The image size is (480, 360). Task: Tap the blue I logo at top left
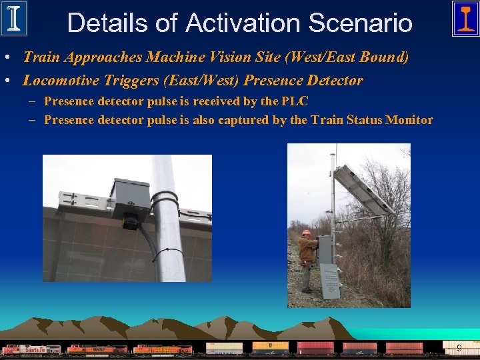pyautogui.click(x=14, y=18)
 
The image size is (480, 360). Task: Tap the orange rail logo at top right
pyautogui.click(x=465, y=18)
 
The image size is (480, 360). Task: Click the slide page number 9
pyautogui.click(x=459, y=348)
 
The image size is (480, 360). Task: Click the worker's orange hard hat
pyautogui.click(x=307, y=233)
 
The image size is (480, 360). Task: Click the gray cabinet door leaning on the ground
pyautogui.click(x=329, y=281)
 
